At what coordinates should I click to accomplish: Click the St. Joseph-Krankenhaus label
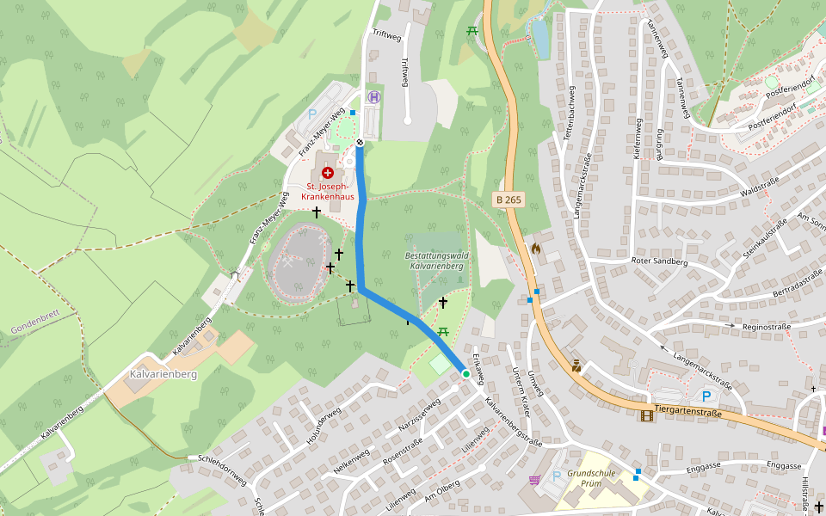click(x=327, y=191)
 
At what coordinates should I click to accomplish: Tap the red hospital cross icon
click(x=327, y=173)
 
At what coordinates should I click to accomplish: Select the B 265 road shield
click(x=509, y=200)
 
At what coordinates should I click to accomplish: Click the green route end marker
click(x=466, y=374)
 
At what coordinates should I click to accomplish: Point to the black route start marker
click(x=360, y=142)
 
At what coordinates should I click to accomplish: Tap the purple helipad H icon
click(x=373, y=97)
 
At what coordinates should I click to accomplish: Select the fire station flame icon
click(x=537, y=249)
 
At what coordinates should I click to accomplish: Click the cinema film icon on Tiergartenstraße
click(x=646, y=415)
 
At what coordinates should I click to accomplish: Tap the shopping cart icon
click(x=533, y=480)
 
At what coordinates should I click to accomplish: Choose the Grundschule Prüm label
click(x=591, y=478)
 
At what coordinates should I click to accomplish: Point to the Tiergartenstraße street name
click(x=687, y=411)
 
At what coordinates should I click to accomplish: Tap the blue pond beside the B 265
click(x=540, y=39)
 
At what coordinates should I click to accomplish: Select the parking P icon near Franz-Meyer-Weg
click(x=312, y=114)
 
